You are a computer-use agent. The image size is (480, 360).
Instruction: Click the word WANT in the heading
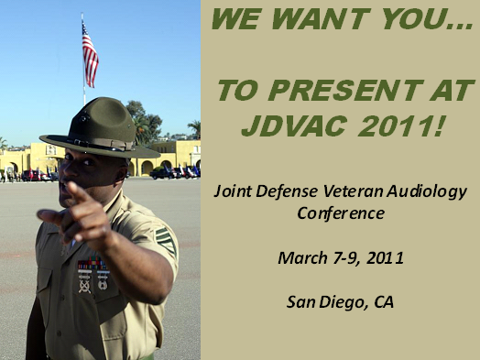[333, 19]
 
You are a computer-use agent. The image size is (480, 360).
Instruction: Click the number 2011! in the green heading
[399, 125]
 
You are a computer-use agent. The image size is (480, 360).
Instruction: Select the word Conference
[340, 213]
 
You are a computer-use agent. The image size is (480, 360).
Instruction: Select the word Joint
[231, 191]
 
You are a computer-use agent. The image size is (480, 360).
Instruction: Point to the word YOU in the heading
[423, 19]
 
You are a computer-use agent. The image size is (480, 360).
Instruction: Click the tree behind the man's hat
[137, 115]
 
